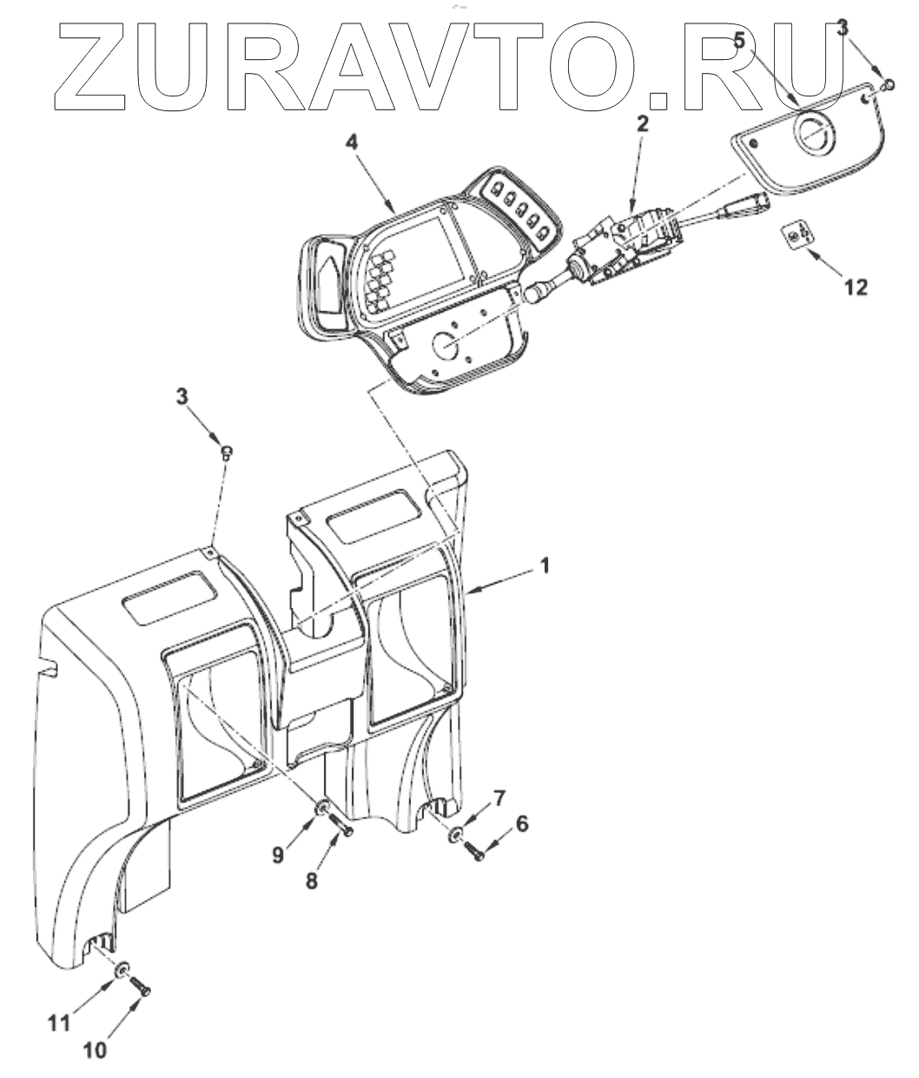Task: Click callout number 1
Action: (545, 565)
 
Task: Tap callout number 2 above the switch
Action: (642, 123)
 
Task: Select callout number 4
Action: (350, 142)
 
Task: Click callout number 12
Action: (856, 287)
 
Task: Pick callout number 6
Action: (521, 823)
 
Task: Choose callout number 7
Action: (499, 797)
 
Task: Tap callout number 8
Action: (312, 879)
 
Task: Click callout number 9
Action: (278, 855)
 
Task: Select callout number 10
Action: (95, 1049)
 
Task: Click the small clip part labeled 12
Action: (797, 235)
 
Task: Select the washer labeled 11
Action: (123, 969)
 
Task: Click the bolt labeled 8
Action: (340, 828)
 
